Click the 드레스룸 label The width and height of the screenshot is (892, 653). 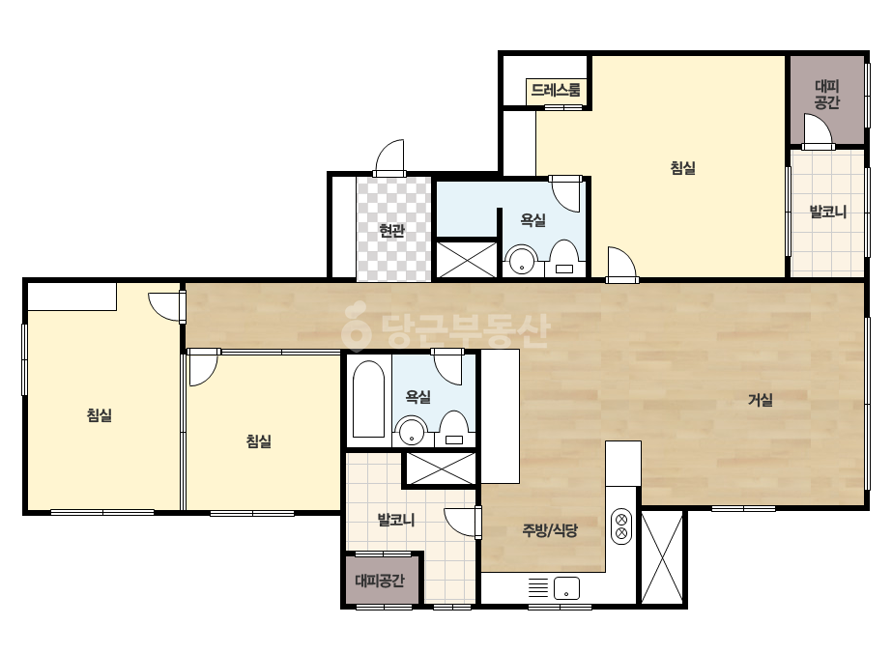click(556, 90)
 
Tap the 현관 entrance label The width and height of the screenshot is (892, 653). click(392, 230)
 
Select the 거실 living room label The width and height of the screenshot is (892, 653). click(761, 400)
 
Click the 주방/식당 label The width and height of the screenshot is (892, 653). click(550, 530)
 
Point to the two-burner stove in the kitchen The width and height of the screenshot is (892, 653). click(621, 526)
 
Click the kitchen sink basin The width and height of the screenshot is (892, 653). click(566, 588)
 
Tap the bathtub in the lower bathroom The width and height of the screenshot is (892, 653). click(368, 399)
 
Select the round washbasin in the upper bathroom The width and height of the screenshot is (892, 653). click(522, 261)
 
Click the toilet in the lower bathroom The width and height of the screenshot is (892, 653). click(454, 429)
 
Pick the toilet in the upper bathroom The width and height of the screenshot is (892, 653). click(564, 258)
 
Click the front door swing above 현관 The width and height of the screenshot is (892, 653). click(389, 156)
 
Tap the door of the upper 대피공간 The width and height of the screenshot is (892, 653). click(818, 129)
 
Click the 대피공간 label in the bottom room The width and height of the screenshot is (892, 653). click(380, 581)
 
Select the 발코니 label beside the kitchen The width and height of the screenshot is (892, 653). click(396, 520)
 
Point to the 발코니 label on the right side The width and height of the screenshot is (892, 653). click(827, 212)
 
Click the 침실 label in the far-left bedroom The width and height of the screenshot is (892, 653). click(99, 414)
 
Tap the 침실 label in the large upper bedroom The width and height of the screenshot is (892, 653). click(682, 168)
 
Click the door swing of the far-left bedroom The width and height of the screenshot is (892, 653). click(166, 306)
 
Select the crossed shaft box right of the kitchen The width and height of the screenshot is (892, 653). click(662, 556)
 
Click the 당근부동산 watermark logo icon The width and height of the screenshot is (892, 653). click(356, 326)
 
